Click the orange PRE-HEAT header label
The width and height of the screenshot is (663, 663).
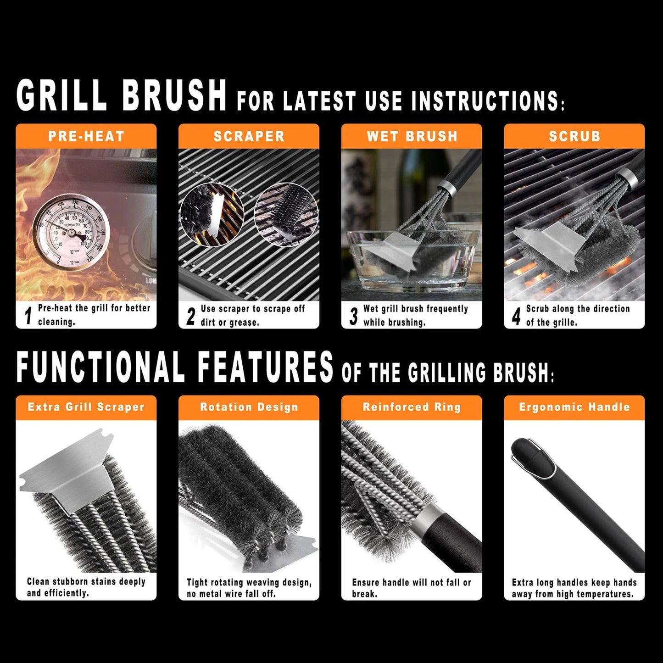pos(86,136)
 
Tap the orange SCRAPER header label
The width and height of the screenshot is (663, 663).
pos(249,136)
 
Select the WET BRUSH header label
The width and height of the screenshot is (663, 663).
pos(412,136)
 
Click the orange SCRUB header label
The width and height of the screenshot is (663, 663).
pos(574,136)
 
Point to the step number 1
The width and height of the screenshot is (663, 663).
pos(28,316)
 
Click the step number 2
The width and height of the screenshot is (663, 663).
pos(190,316)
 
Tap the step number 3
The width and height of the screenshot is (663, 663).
pos(353,316)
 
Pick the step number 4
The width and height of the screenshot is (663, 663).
pos(516,316)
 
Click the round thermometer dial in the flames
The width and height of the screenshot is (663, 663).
pos(71,233)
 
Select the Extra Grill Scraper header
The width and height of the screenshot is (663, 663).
pos(86,407)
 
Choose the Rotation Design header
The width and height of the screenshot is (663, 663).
pos(249,407)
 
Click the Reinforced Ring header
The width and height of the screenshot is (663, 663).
pos(412,407)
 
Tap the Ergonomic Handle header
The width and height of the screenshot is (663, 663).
pos(574,407)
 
